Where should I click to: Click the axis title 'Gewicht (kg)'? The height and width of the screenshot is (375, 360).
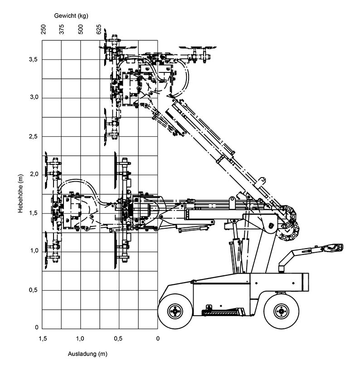[x=71, y=15]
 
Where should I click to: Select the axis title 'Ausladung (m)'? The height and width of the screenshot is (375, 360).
[x=88, y=354]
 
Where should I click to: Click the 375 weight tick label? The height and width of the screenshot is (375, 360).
[x=62, y=30]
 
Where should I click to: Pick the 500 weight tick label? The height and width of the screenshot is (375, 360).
[x=81, y=30]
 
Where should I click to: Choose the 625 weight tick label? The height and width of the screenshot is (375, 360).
[x=99, y=30]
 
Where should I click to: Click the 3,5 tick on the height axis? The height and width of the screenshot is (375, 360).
[x=34, y=59]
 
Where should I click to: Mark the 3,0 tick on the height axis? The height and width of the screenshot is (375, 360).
[x=34, y=98]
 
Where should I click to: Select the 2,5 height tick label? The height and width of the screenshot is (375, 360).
[x=34, y=136]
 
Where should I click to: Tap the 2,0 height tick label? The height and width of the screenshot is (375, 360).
[x=34, y=174]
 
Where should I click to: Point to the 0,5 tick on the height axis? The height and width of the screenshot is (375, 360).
[x=34, y=290]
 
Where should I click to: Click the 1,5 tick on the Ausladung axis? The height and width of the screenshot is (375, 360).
[x=43, y=338]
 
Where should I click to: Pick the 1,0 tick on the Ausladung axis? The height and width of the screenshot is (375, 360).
[x=80, y=338]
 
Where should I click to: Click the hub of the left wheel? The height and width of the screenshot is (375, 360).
[x=175, y=311]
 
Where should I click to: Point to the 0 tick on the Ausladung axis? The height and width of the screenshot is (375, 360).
[x=158, y=338]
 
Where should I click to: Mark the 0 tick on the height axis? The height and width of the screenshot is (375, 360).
[x=37, y=327]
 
